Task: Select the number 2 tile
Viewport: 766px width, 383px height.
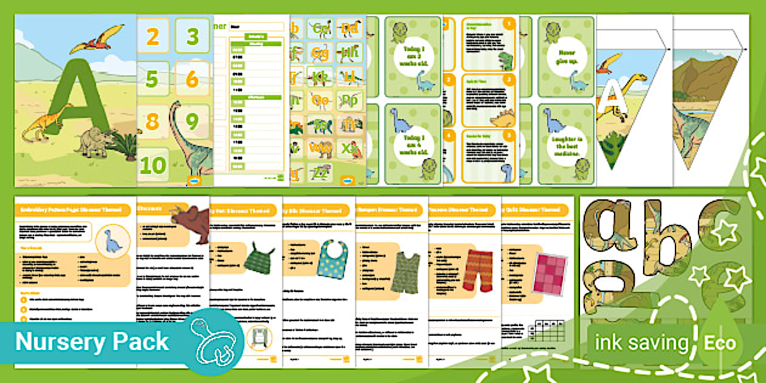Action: click(153, 37)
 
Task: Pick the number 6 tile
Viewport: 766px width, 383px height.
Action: click(191, 78)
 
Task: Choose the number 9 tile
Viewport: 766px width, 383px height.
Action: click(191, 122)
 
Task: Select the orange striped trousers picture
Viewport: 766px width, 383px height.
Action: click(478, 267)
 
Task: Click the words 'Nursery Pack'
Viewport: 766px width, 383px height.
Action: click(92, 342)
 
